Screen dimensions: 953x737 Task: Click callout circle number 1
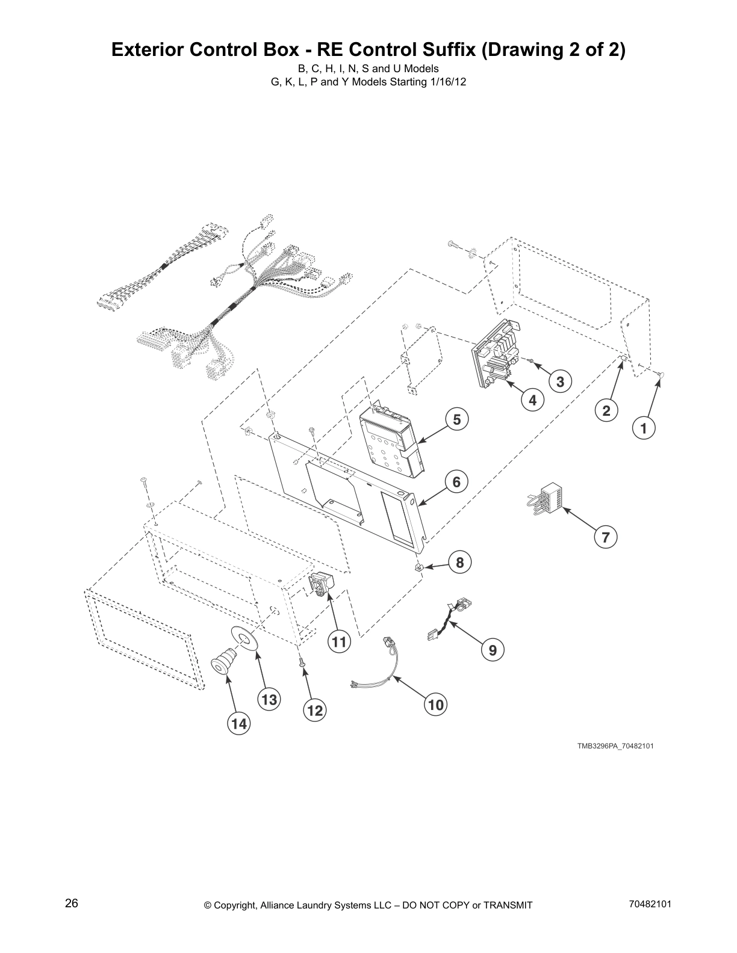pyautogui.click(x=644, y=428)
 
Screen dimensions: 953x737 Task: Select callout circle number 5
pyautogui.click(x=456, y=419)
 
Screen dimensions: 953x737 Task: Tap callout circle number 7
pyautogui.click(x=606, y=537)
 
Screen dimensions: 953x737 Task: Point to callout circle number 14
pyautogui.click(x=239, y=724)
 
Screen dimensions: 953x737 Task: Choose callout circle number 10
pyautogui.click(x=435, y=705)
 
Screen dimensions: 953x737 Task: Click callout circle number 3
pyautogui.click(x=560, y=381)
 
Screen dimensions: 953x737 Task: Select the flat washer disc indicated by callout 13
pyautogui.click(x=244, y=638)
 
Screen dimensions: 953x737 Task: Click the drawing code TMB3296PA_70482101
pyautogui.click(x=615, y=746)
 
